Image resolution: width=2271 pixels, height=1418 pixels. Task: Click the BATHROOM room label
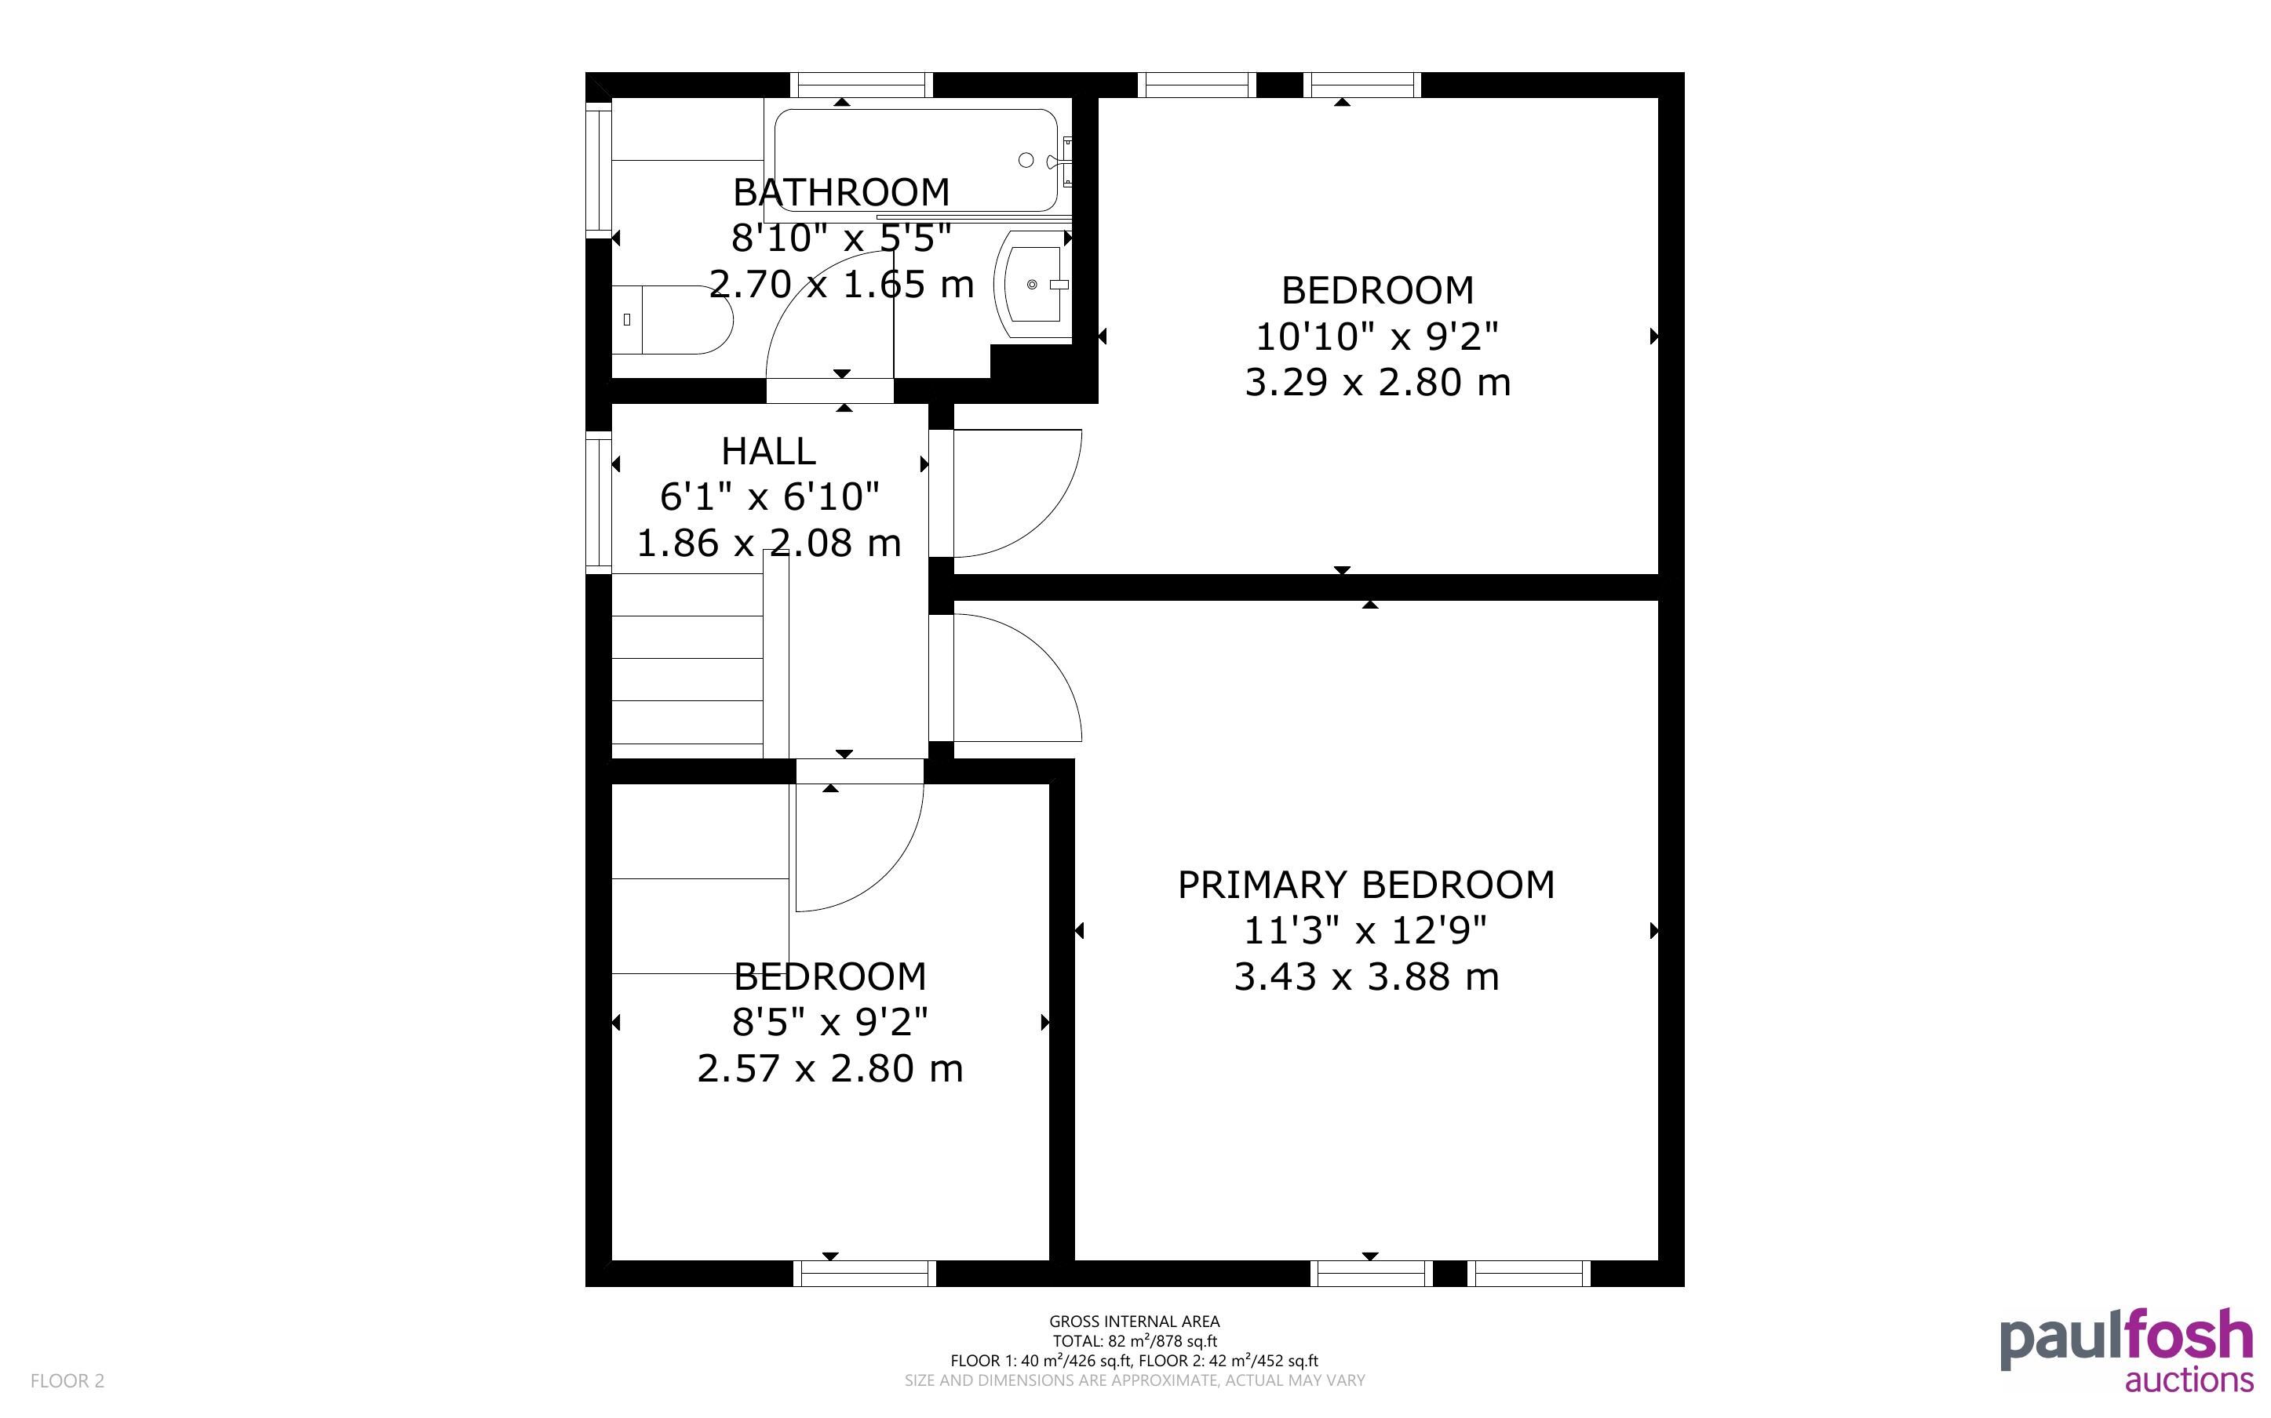coord(840,192)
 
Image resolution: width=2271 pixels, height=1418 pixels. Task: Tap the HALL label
coord(768,451)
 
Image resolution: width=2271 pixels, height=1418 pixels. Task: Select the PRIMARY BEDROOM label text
coord(1365,885)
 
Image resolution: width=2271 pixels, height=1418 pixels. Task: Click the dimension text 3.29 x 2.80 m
coord(1377,383)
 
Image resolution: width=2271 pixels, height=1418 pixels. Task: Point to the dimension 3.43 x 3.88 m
coord(1365,977)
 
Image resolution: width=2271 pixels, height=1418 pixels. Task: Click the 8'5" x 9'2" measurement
coord(830,1022)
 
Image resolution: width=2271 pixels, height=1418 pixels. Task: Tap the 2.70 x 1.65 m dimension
coord(840,284)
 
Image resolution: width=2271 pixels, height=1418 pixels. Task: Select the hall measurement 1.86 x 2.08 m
coord(768,543)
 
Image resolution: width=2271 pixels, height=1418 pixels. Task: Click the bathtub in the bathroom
coord(917,160)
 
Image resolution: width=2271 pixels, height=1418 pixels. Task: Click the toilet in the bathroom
coord(672,320)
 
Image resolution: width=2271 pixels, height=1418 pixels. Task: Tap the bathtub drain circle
coord(1026,160)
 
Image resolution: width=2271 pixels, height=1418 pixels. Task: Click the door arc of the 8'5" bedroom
coord(888,878)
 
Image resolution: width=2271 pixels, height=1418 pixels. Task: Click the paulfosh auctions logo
coord(2127,1351)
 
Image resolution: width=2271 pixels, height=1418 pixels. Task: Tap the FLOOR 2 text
coord(67,1380)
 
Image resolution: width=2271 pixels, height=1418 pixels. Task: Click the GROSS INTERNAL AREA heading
coord(1134,1322)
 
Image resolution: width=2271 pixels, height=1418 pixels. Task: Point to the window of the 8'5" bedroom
coord(865,1273)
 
